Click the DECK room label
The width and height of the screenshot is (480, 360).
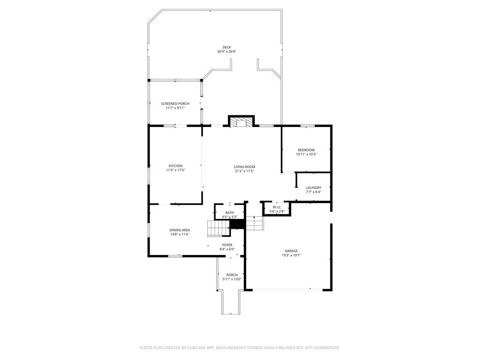click(x=227, y=47)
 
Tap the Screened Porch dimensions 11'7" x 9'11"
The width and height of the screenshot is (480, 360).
click(x=175, y=108)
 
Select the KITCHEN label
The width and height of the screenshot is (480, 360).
click(x=175, y=166)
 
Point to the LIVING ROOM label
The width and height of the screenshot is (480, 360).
click(x=244, y=167)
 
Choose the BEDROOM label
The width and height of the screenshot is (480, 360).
click(x=306, y=150)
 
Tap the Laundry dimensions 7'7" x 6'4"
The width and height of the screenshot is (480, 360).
click(x=314, y=192)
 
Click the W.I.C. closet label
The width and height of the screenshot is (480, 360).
click(x=277, y=207)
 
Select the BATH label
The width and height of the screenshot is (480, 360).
click(x=230, y=213)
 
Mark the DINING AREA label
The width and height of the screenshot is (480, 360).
click(x=180, y=230)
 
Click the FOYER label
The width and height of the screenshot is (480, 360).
click(x=227, y=245)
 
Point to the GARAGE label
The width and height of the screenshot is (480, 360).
click(x=291, y=251)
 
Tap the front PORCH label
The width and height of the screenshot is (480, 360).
click(x=232, y=275)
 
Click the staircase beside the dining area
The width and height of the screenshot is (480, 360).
click(x=218, y=228)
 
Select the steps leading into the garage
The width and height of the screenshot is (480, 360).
click(x=255, y=223)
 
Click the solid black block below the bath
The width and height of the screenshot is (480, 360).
click(x=237, y=224)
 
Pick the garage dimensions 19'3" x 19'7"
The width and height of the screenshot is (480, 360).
click(x=291, y=255)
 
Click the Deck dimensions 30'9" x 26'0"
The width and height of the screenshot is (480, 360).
click(x=227, y=52)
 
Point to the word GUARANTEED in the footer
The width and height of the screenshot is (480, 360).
click(x=328, y=348)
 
